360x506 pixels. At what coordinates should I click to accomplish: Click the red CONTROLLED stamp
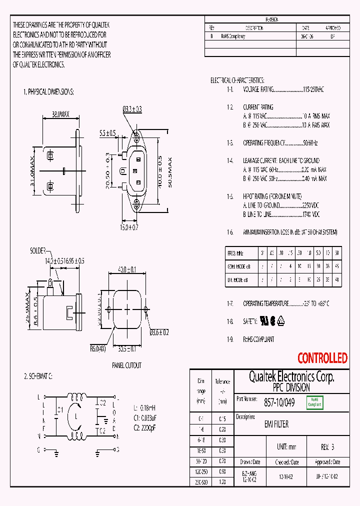[322, 358]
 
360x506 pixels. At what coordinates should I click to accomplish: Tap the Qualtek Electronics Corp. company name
[291, 376]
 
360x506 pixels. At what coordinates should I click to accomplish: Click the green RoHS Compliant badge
[314, 402]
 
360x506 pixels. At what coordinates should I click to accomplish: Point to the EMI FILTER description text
[276, 424]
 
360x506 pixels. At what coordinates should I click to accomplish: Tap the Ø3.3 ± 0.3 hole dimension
[132, 109]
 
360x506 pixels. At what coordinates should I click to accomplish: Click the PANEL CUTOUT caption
[126, 365]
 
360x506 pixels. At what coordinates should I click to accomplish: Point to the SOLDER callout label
[37, 250]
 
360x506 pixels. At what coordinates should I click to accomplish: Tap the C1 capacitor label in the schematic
[60, 409]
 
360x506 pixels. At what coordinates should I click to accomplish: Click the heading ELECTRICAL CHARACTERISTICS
[237, 80]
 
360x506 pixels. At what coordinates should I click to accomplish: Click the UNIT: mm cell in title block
[285, 446]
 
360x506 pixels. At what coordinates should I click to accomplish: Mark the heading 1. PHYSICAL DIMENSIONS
[48, 92]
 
